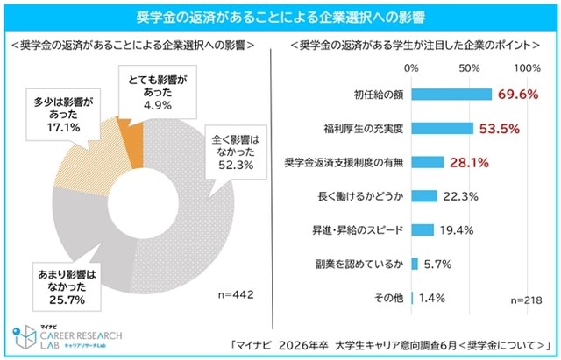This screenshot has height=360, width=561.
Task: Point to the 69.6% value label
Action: [516, 95]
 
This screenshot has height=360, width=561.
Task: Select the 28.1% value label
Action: [468, 162]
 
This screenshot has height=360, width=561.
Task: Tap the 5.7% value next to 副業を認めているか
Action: [437, 265]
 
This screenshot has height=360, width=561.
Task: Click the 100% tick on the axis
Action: [528, 67]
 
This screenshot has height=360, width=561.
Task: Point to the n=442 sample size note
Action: [231, 295]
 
